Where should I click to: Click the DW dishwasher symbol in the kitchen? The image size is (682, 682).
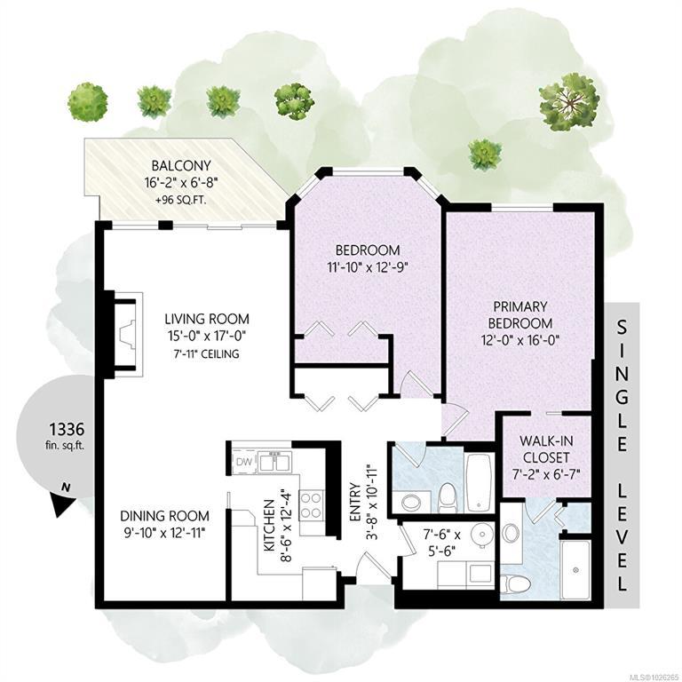[x=244, y=462]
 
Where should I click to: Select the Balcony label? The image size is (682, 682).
[x=181, y=166]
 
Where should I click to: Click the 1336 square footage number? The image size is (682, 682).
[x=66, y=429]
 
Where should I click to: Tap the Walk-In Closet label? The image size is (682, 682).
[x=546, y=449]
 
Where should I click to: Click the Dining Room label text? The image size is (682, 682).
[x=164, y=516]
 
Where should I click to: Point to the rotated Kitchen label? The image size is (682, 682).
[x=269, y=525]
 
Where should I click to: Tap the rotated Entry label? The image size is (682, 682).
[x=355, y=502]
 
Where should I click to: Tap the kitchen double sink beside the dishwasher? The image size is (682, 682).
[x=274, y=462]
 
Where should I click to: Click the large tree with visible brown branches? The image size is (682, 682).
[x=567, y=101]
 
